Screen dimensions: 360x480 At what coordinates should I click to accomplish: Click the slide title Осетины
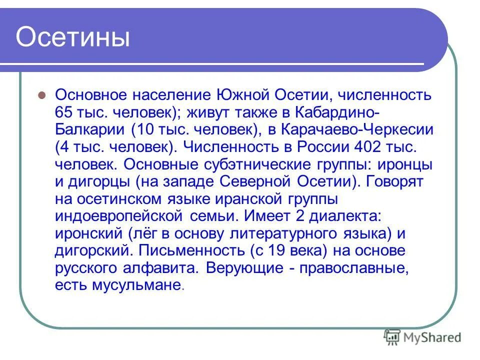tap(73, 38)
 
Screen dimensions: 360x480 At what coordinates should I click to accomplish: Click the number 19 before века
tap(272, 251)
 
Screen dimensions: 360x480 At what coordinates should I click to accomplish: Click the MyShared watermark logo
tap(422, 337)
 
